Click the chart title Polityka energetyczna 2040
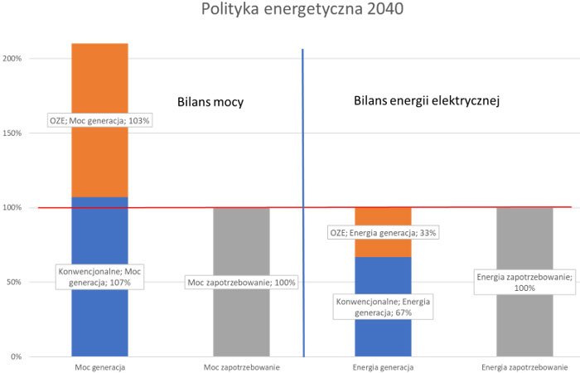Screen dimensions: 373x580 pos(290,12)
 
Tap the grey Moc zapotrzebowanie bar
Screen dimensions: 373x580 pos(241,323)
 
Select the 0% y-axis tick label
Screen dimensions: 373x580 pos(17,357)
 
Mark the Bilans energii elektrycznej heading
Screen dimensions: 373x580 pos(426,101)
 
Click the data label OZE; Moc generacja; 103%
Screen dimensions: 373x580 pos(100,121)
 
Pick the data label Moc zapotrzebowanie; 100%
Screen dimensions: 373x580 pos(241,283)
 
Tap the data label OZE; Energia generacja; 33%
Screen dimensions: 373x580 pos(383,233)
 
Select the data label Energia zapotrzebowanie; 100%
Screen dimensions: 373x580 pos(524,283)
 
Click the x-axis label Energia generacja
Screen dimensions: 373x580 pos(383,366)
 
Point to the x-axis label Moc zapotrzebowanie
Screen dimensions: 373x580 pos(241,366)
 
